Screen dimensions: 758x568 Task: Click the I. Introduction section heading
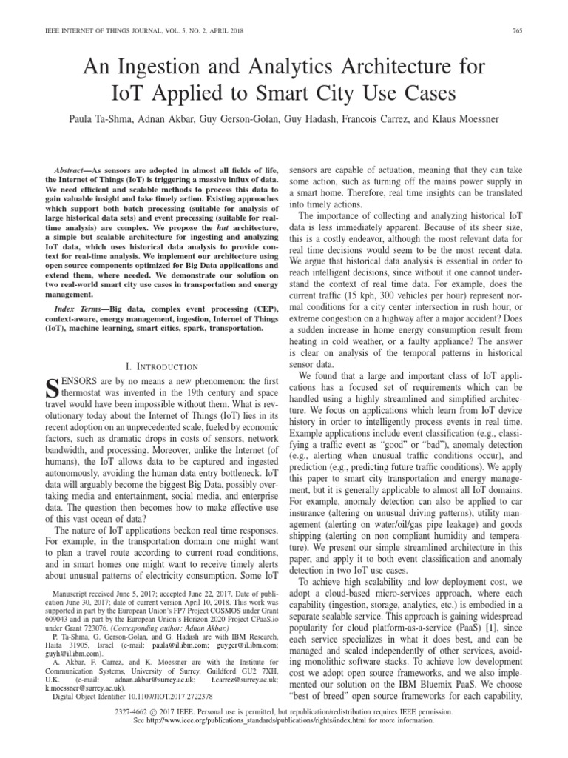pos(161,366)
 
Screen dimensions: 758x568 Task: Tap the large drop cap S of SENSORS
pos(53,388)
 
